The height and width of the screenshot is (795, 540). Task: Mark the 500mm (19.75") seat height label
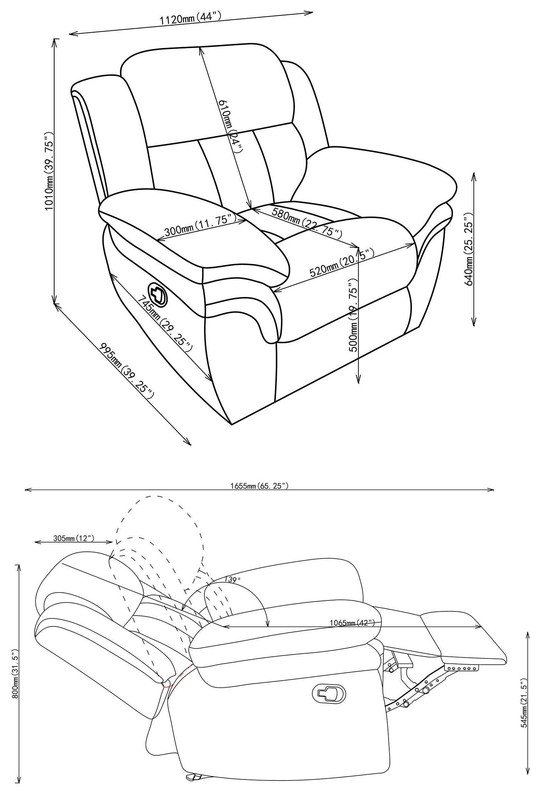(353, 315)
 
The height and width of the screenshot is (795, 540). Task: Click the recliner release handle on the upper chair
(158, 293)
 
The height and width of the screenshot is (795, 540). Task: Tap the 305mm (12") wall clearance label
(73, 538)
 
